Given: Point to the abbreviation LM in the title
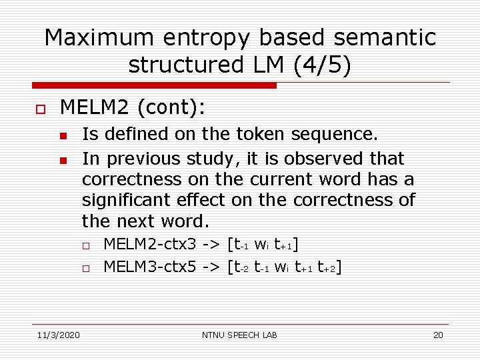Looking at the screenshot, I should click(259, 65).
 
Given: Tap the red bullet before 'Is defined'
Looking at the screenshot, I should click(62, 136).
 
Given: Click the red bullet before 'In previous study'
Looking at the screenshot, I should click(62, 160).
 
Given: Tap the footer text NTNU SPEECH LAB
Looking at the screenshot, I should click(239, 335).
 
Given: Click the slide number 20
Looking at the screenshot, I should click(438, 335).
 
